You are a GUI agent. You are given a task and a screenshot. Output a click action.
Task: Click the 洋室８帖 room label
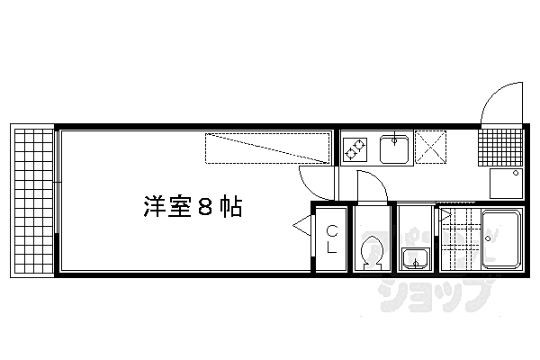click(192, 207)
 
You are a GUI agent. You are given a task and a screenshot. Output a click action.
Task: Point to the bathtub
click(503, 238)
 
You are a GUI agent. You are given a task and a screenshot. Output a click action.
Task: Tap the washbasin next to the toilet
click(415, 259)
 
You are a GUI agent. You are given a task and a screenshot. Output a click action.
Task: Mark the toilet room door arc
click(373, 184)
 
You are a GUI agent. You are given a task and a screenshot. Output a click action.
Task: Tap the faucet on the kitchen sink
click(394, 139)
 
